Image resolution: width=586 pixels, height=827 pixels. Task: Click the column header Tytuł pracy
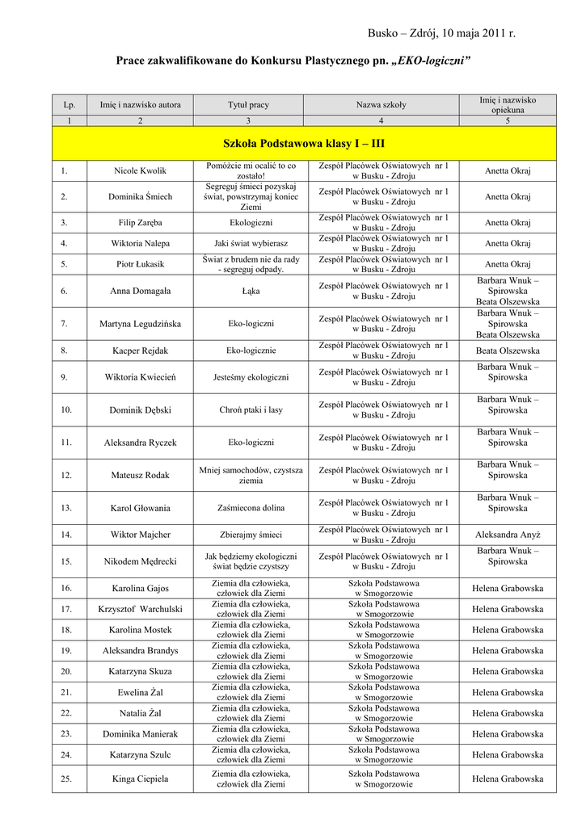[x=248, y=105]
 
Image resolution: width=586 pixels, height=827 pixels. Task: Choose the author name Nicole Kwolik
[x=141, y=170]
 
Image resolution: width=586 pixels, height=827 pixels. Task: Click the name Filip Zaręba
[x=141, y=222]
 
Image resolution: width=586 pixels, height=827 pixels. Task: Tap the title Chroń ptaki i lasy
[x=251, y=409]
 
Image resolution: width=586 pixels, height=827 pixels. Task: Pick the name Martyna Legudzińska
[x=141, y=324]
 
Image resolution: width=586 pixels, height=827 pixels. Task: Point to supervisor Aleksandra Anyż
[x=508, y=534]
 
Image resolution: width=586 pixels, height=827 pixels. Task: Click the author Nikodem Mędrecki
[x=141, y=561]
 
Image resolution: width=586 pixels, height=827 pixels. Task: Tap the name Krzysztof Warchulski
[x=141, y=609]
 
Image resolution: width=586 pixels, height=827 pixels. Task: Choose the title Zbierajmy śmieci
[x=251, y=534]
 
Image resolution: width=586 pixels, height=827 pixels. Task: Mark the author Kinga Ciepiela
[x=141, y=779]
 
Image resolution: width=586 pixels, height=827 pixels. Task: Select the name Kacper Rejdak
[x=141, y=351]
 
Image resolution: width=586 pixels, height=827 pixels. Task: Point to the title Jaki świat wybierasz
[x=251, y=242]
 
